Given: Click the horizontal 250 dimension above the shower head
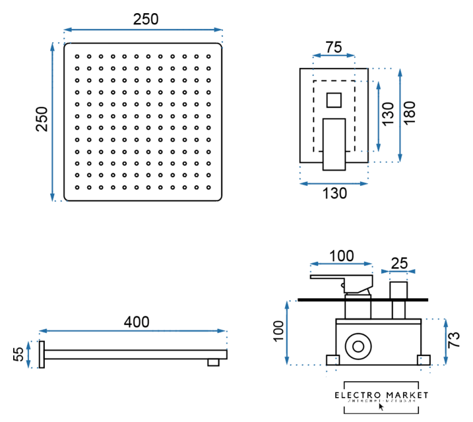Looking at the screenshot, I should click(146, 19).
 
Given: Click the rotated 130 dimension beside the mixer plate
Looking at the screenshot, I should click(388, 114).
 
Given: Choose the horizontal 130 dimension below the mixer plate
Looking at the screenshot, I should click(334, 193).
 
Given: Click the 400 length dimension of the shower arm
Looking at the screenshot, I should click(137, 322).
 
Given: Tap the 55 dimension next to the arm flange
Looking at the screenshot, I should click(19, 355).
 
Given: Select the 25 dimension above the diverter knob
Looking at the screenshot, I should click(399, 263).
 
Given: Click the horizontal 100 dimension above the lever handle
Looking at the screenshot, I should click(341, 256).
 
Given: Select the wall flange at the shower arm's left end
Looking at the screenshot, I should click(42, 355).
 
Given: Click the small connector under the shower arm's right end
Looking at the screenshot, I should click(214, 362).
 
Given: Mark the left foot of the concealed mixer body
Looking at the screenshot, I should click(332, 359).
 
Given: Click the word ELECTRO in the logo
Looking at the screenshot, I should click(358, 395).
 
